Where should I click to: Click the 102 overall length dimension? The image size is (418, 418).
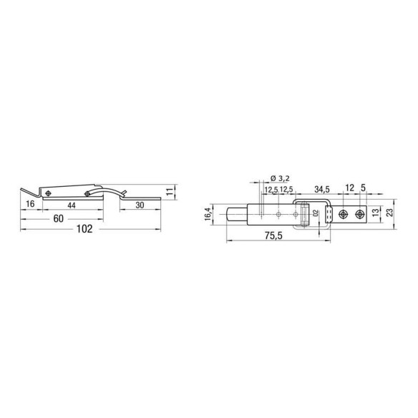pyautogui.click(x=84, y=229)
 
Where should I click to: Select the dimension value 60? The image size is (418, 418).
pyautogui.click(x=59, y=218)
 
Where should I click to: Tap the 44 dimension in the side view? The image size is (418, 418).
pyautogui.click(x=72, y=205)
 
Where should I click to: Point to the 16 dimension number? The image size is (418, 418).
pyautogui.click(x=30, y=204)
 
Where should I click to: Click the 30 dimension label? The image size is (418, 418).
pyautogui.click(x=140, y=205)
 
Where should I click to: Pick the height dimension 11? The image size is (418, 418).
pyautogui.click(x=170, y=191)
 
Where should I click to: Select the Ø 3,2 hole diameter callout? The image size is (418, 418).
pyautogui.click(x=280, y=178)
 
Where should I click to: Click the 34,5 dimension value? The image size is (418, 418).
pyautogui.click(x=322, y=190)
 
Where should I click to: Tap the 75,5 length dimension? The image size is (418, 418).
pyautogui.click(x=273, y=235)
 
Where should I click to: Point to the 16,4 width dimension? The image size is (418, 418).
pyautogui.click(x=208, y=214)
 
